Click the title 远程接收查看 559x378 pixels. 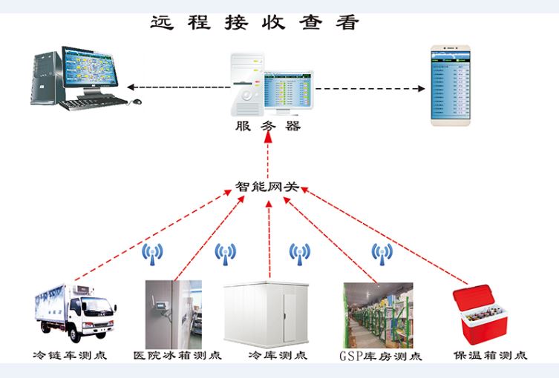pyautogui.click(x=255, y=22)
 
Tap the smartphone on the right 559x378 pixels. pyautogui.click(x=453, y=86)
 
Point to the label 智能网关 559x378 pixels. pyautogui.click(x=267, y=187)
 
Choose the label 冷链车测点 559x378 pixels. pyautogui.click(x=71, y=355)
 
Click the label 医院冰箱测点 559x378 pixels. pyautogui.click(x=177, y=355)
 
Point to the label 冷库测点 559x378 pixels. pyautogui.click(x=278, y=355)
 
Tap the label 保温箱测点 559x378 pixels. pyautogui.click(x=490, y=355)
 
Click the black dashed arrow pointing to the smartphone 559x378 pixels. pyautogui.click(x=371, y=88)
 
